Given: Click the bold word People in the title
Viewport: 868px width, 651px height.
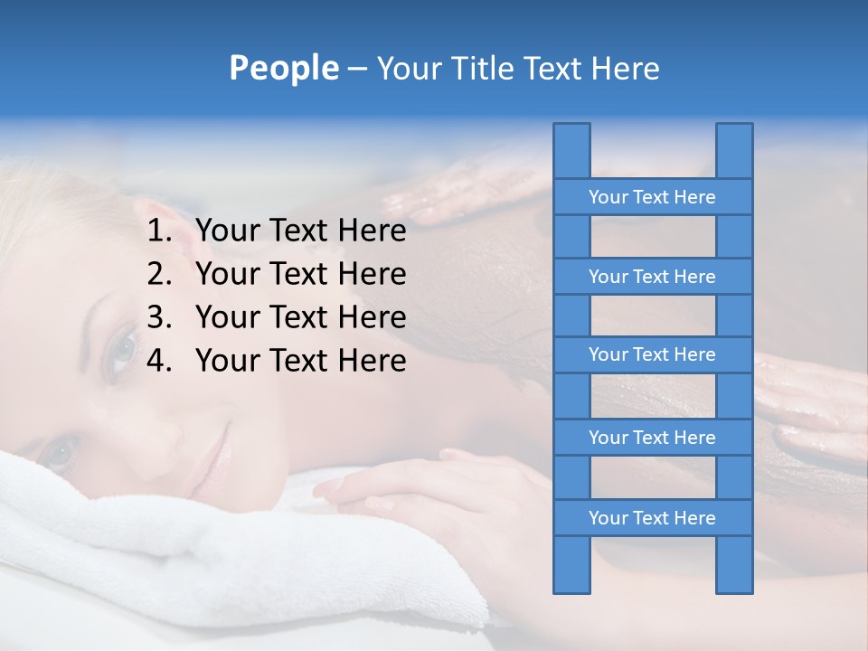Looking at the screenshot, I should (284, 68).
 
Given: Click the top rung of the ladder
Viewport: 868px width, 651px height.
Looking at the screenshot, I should (652, 197).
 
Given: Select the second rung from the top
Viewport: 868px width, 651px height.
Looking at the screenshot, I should (652, 277).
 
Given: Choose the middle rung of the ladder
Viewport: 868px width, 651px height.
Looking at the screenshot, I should (652, 355).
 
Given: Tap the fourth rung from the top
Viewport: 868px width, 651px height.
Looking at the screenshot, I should (652, 438).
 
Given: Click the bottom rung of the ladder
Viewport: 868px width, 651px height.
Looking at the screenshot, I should (652, 518).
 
